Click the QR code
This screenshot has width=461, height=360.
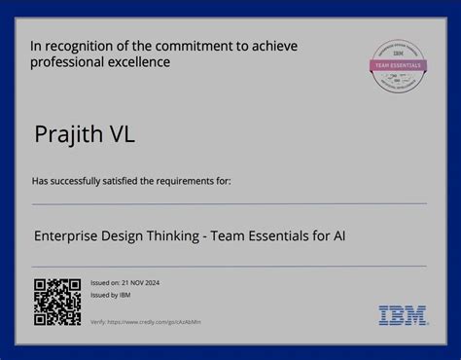click(x=57, y=302)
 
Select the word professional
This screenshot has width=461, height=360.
click(x=68, y=62)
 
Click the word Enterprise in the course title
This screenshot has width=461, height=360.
click(x=67, y=234)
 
